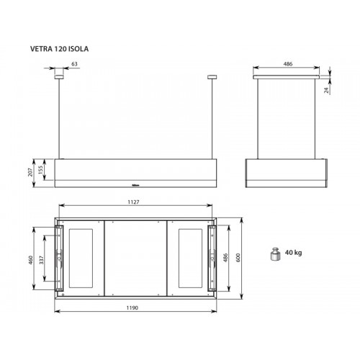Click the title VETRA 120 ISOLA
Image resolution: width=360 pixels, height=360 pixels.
(x=59, y=49)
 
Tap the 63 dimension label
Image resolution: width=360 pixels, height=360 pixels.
(x=75, y=64)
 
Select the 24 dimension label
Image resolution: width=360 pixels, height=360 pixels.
(x=326, y=90)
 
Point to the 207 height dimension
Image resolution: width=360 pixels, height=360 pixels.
(x=30, y=172)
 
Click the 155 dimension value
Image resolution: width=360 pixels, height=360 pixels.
(x=40, y=169)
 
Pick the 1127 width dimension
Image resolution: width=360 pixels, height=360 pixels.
(x=133, y=202)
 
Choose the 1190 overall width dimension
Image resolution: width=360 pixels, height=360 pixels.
(x=132, y=307)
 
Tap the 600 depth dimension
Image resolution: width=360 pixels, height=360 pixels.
(x=238, y=258)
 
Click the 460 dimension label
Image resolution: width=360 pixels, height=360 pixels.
(x=30, y=260)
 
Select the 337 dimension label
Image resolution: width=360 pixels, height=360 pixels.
(x=42, y=260)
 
